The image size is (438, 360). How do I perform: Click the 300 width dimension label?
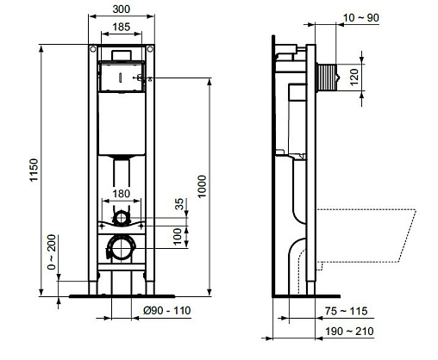pyautogui.click(x=122, y=9)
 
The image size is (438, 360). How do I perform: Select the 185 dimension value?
pyautogui.click(x=122, y=27)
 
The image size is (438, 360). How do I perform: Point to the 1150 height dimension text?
pyautogui.click(x=34, y=170)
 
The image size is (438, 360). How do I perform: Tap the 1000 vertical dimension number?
pyautogui.click(x=202, y=186)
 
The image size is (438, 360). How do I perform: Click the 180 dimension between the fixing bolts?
pyautogui.click(x=122, y=194)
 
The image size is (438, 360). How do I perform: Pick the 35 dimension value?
pyautogui.click(x=179, y=204)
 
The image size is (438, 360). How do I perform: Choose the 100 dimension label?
pyautogui.click(x=178, y=236)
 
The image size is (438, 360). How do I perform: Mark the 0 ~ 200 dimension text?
pyautogui.click(x=52, y=252)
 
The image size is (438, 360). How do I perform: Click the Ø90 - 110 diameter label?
pyautogui.click(x=167, y=310)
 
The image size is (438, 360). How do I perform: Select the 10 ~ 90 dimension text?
pyautogui.click(x=361, y=18)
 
